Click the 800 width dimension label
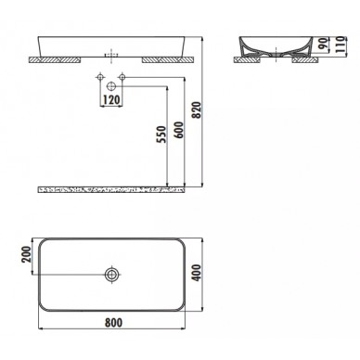pos(113,322)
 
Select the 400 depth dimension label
pos(197,273)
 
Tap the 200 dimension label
pos(26,254)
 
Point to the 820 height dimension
pos(197,110)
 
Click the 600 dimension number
pos(179,130)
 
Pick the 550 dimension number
pos(161,135)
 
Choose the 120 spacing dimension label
pos(110,99)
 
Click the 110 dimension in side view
pos(340,45)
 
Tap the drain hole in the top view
pos(112,275)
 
